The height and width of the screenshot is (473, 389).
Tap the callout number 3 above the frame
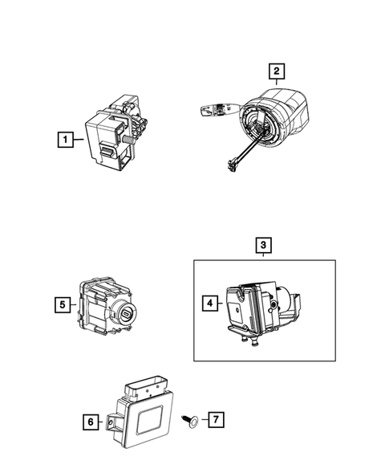pos(264,244)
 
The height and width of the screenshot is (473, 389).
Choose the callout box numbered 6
pos(90,420)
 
